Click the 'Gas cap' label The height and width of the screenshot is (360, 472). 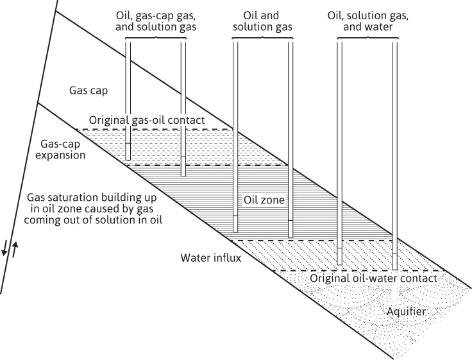tap(88, 91)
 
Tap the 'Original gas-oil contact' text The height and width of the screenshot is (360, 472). tap(147, 120)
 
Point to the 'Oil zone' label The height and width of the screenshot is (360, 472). tap(264, 201)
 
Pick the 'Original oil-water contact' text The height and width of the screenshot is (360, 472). tap(373, 279)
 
